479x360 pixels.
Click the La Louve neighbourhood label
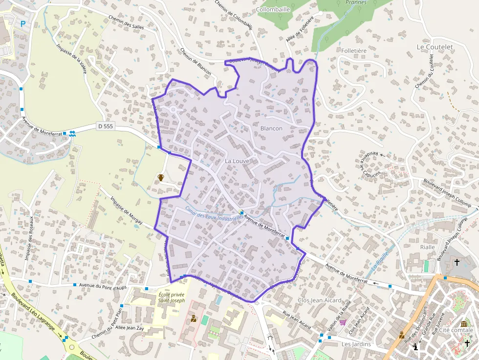[237, 161]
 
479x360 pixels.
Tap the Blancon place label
[271, 128]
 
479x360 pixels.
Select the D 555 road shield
[105, 126]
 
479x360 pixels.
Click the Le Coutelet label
[435, 47]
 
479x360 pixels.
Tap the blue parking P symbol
[22, 23]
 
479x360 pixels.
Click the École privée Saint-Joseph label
[172, 297]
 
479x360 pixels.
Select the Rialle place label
[427, 247]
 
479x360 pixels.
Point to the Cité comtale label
[457, 330]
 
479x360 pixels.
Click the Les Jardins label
[356, 344]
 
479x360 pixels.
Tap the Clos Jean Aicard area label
[319, 300]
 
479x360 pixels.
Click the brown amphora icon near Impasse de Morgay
[161, 177]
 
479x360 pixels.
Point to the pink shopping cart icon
[343, 322]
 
